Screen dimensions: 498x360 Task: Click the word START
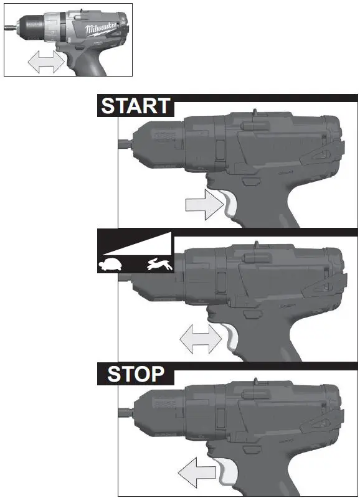click(x=135, y=105)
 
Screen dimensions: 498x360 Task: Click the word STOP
click(x=136, y=374)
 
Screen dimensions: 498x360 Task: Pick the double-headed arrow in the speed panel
click(x=200, y=339)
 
